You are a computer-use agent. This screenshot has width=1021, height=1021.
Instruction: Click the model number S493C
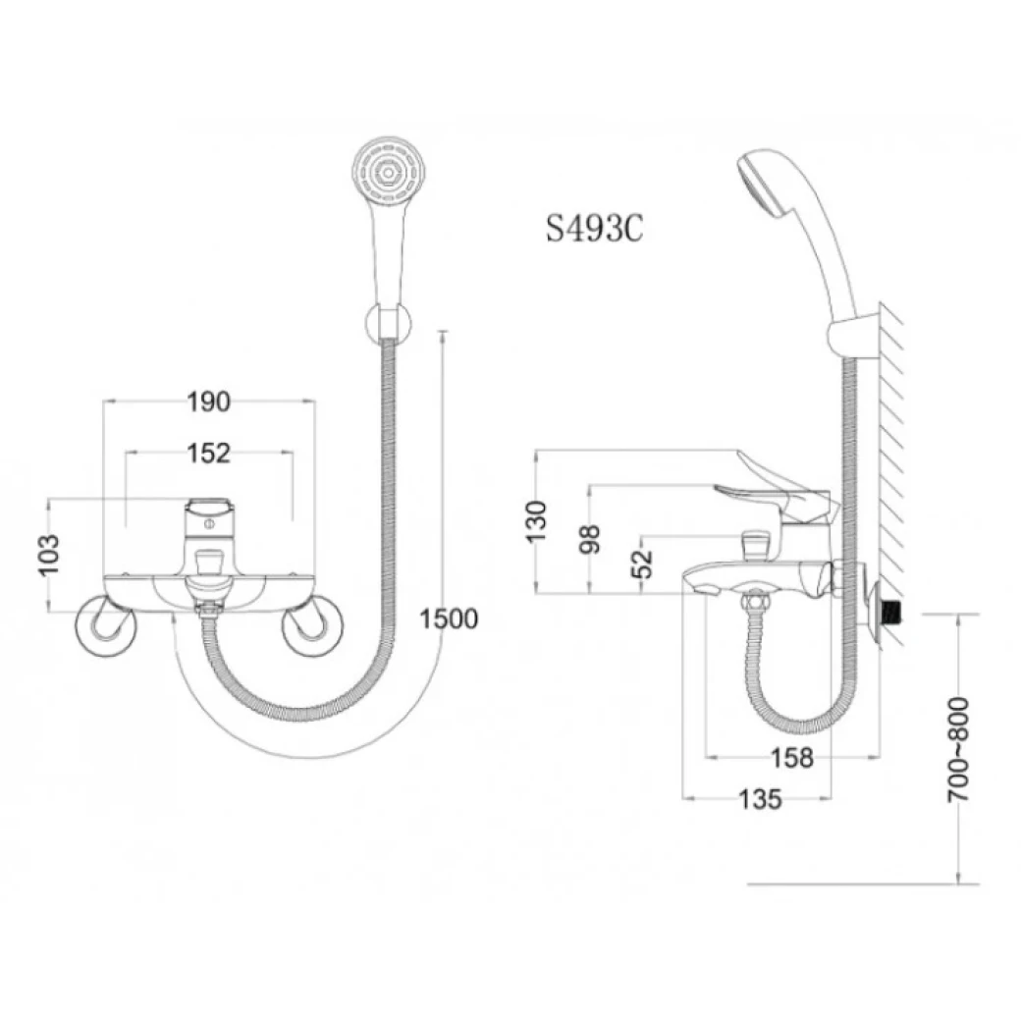594,228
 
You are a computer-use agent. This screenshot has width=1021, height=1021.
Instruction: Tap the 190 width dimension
208,401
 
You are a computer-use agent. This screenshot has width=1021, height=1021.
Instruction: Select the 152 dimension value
208,453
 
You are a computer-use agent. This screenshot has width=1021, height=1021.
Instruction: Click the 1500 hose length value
448,618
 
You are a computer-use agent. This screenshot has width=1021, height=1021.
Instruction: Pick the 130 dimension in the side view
537,521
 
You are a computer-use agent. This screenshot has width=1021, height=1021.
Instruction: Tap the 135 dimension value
760,800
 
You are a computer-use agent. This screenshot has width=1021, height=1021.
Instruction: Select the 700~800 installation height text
957,750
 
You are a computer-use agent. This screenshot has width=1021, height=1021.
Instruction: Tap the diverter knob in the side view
755,541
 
